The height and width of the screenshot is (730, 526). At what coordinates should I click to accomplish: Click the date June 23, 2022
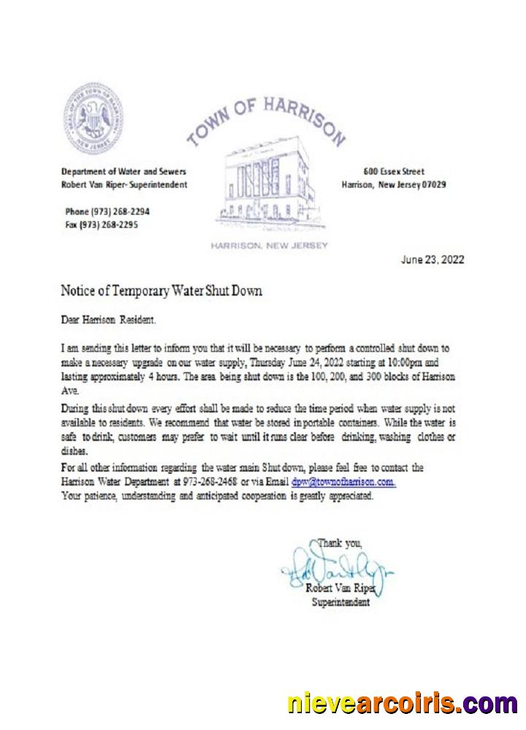click(432, 260)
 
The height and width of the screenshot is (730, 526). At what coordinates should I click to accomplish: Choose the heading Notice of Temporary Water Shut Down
click(161, 291)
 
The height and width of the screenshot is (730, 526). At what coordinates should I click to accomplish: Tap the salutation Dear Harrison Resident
click(109, 320)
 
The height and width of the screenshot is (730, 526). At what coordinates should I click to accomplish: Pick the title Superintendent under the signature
click(341, 602)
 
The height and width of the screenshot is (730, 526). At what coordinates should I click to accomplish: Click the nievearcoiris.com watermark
click(402, 704)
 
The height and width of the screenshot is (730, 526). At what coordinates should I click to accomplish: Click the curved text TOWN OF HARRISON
click(267, 118)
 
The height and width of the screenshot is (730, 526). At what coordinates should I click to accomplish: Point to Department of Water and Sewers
click(124, 172)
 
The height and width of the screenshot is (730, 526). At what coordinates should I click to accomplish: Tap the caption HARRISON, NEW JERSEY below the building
click(269, 245)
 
